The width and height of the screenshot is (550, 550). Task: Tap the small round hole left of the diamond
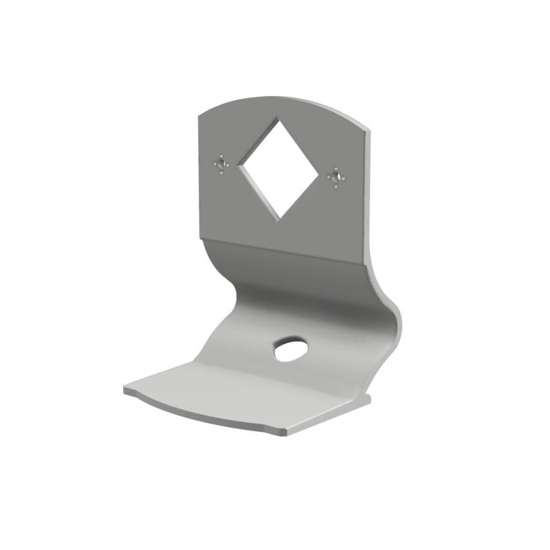click(221, 165)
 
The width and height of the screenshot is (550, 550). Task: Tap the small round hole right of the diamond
click(335, 178)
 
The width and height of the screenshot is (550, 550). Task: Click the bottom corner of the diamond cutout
click(280, 221)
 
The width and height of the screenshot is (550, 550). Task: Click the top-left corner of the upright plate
click(199, 114)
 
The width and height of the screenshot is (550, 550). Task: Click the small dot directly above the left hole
click(221, 157)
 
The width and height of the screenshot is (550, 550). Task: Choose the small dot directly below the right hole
click(335, 187)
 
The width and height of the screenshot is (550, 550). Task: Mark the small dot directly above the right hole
click(335, 169)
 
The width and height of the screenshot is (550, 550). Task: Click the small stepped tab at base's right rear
click(364, 397)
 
